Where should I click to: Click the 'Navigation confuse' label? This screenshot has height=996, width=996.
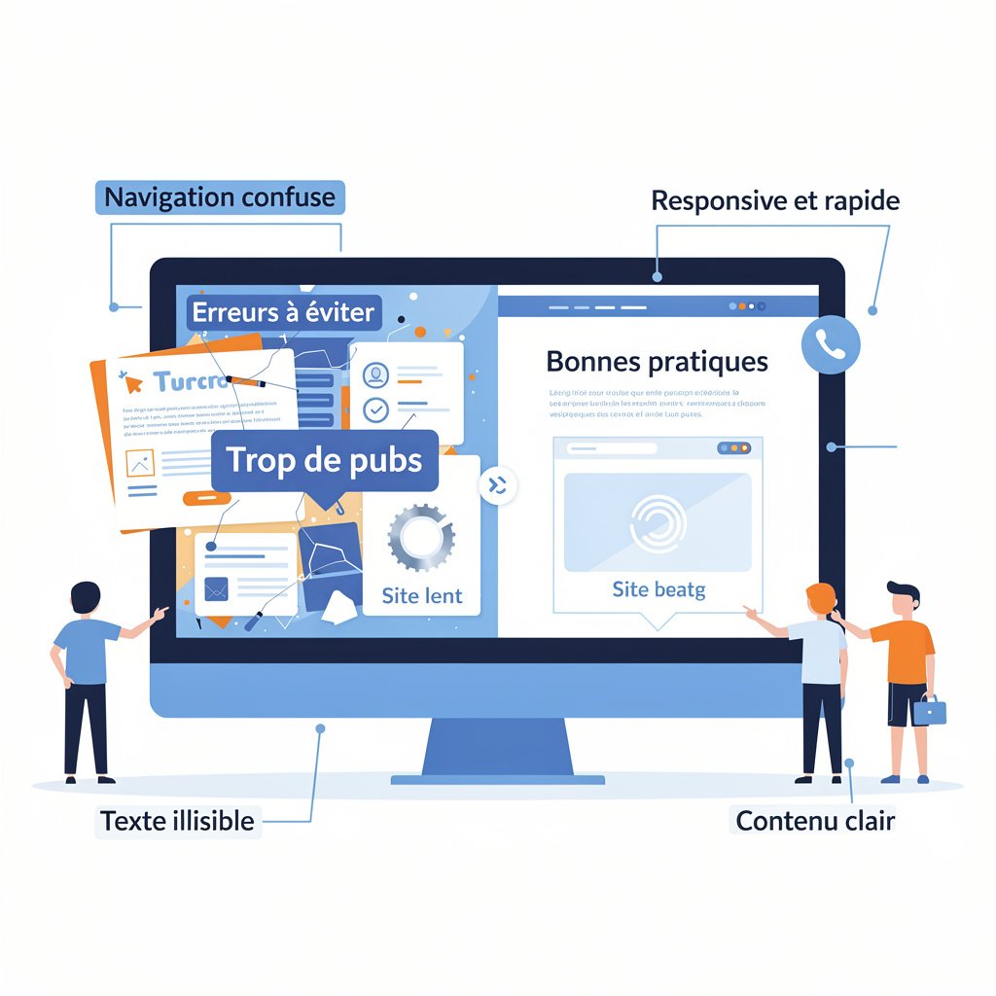click(x=220, y=197)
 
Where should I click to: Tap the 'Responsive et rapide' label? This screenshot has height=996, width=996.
click(x=775, y=201)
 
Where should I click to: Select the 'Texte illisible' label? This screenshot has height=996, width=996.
click(x=178, y=821)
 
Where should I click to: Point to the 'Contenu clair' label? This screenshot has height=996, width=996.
click(x=815, y=821)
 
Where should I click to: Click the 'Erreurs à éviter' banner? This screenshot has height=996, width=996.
click(x=283, y=313)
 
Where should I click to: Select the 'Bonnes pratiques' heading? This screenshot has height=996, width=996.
click(x=657, y=362)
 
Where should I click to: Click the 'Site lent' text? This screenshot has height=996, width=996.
click(x=422, y=595)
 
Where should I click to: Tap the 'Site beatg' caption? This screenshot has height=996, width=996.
click(x=658, y=588)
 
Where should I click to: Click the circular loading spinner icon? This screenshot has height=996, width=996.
click(x=658, y=521)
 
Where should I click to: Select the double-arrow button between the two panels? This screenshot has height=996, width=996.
click(x=498, y=486)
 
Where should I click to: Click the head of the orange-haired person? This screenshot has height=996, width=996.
click(x=820, y=598)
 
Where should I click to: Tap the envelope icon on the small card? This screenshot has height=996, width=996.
click(x=216, y=587)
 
